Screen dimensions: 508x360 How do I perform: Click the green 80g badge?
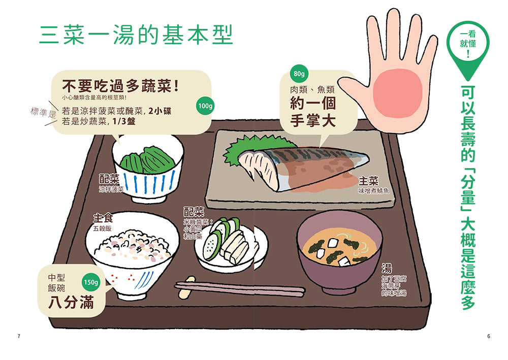click(x=299, y=74)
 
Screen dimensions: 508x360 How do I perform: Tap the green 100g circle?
click(x=205, y=106)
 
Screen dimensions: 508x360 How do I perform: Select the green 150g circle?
click(x=91, y=282)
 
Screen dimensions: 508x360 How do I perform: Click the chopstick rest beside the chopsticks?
click(x=187, y=287)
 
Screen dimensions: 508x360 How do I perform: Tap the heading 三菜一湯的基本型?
click(x=136, y=35)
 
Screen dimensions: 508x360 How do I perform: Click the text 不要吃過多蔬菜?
click(x=120, y=86)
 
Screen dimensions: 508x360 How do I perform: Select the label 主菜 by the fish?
click(x=368, y=181)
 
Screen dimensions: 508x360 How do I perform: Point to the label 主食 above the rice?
click(x=103, y=218)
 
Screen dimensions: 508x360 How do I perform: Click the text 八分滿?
click(x=71, y=303)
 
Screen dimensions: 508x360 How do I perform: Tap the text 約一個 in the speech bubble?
click(x=312, y=104)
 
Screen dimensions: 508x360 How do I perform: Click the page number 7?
click(x=19, y=336)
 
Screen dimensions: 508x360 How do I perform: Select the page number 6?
click(x=489, y=336)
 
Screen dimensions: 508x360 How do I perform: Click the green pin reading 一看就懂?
click(x=468, y=45)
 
